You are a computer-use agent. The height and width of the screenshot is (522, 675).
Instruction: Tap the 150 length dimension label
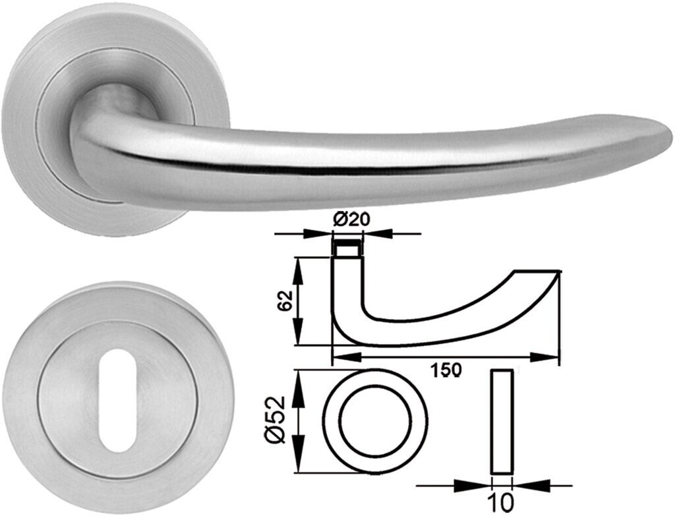click(x=446, y=370)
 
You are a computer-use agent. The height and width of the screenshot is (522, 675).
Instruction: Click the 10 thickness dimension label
click(x=501, y=503)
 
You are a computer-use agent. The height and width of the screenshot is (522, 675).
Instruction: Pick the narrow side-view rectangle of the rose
click(x=501, y=421)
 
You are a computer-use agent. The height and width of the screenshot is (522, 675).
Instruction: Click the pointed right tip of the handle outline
click(x=559, y=272)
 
